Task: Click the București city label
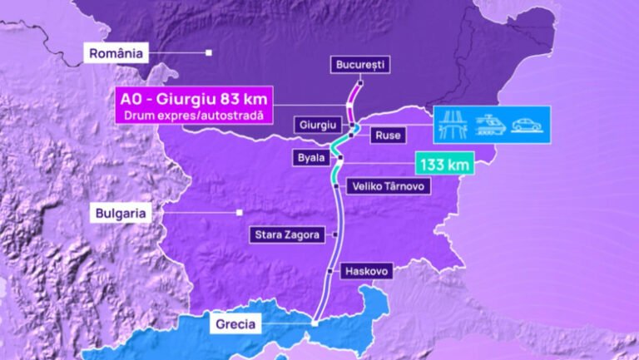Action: click(360, 64)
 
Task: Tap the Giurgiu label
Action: click(317, 125)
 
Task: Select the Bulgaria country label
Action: click(120, 214)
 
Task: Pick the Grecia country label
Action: click(234, 323)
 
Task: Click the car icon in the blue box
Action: click(527, 125)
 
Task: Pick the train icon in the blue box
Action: click(491, 125)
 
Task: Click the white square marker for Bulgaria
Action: click(239, 212)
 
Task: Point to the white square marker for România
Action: click(209, 53)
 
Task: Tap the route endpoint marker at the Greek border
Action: click(314, 323)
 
